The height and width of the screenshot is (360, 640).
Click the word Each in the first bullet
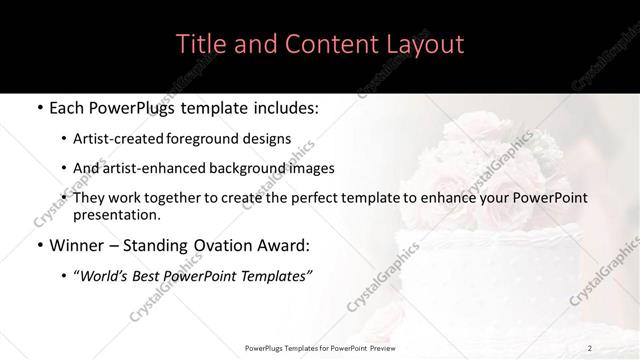(x=69, y=106)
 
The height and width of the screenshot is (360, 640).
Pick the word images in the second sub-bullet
(x=306, y=168)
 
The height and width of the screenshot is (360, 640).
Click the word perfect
(x=312, y=198)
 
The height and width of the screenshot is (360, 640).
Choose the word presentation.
(x=117, y=214)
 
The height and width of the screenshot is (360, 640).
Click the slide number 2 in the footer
(x=590, y=347)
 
